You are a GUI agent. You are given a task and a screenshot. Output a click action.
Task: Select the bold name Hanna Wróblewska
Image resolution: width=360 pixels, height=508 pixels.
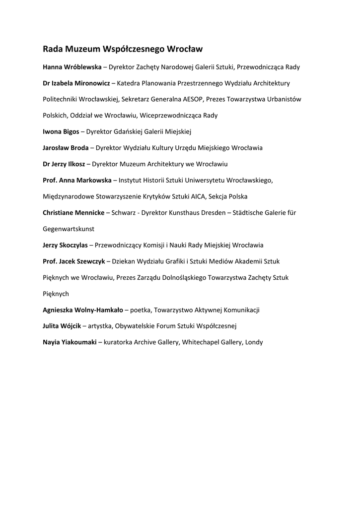coord(72,67)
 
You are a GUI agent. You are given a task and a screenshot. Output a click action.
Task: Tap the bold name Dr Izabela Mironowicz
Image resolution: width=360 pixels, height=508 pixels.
coord(76,83)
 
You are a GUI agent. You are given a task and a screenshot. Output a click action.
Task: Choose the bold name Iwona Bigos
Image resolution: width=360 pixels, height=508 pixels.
coord(61,131)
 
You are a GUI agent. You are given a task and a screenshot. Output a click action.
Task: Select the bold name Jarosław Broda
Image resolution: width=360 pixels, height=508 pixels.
coord(66,148)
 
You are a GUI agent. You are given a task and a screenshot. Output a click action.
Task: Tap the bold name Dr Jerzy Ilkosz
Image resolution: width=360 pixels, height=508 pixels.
coord(64,164)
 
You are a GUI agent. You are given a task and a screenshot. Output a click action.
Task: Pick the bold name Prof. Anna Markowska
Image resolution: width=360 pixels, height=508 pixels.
coord(77,180)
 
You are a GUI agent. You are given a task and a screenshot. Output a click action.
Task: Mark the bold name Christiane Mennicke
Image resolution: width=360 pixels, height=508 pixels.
coord(73,212)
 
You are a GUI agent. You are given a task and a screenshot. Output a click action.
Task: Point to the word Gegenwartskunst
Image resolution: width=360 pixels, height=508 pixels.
coord(69,229)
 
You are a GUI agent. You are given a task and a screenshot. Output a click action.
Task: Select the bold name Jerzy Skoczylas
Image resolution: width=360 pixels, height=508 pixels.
coord(66,245)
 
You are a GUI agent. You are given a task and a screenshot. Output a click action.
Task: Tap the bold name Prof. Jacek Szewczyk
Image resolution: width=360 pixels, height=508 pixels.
coord(73,261)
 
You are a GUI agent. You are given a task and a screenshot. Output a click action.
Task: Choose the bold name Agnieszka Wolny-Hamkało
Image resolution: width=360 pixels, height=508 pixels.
coord(83,310)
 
